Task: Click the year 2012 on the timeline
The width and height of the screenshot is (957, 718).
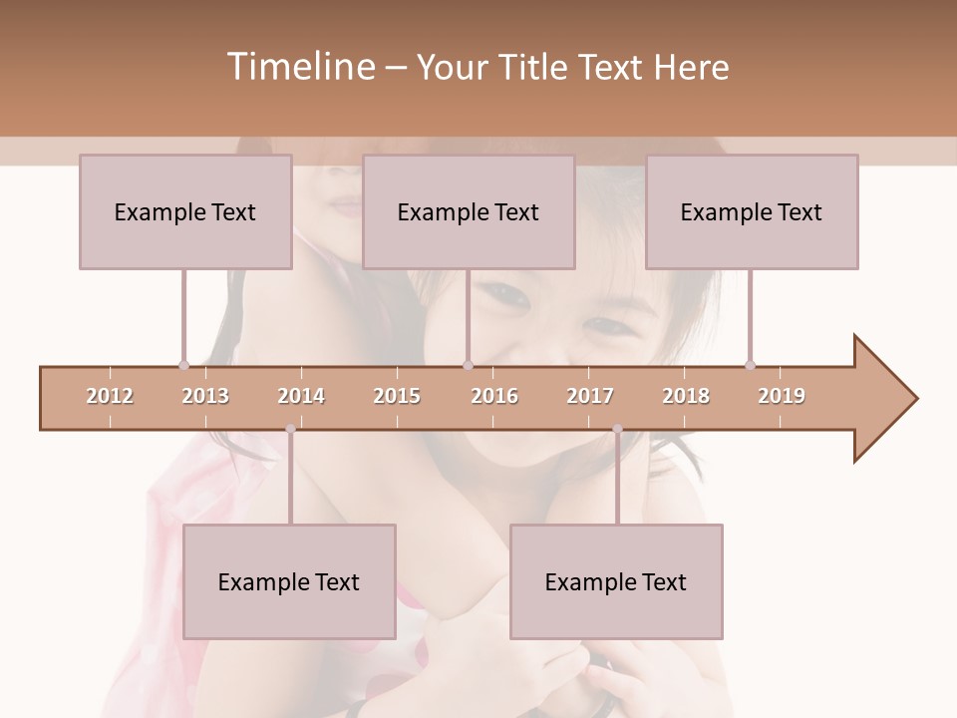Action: (x=110, y=396)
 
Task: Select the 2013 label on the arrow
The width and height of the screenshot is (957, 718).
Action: (x=205, y=396)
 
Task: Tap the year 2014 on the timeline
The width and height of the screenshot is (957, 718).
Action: (x=301, y=396)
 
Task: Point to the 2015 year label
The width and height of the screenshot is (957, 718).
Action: (x=397, y=396)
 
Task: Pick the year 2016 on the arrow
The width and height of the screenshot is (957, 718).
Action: (x=494, y=396)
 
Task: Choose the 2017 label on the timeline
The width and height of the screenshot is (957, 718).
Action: (x=590, y=396)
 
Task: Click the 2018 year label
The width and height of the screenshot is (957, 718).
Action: (x=686, y=396)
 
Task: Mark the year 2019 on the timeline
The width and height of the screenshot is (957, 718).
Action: (x=782, y=396)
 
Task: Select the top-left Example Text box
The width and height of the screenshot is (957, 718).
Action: (x=185, y=211)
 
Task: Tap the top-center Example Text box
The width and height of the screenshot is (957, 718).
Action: (x=469, y=211)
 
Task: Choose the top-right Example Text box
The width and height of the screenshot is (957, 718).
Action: (x=752, y=211)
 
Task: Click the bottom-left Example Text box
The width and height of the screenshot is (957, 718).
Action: (x=289, y=581)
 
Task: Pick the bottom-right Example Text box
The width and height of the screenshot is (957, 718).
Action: (x=616, y=581)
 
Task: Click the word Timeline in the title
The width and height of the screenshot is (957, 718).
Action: (x=299, y=67)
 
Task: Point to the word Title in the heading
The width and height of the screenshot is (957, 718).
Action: (x=537, y=67)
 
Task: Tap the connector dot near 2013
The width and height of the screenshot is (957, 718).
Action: (x=183, y=365)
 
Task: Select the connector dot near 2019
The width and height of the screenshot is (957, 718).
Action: (x=750, y=365)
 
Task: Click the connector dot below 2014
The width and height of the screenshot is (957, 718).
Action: (x=290, y=429)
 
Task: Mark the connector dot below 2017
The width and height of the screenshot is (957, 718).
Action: (x=617, y=429)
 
